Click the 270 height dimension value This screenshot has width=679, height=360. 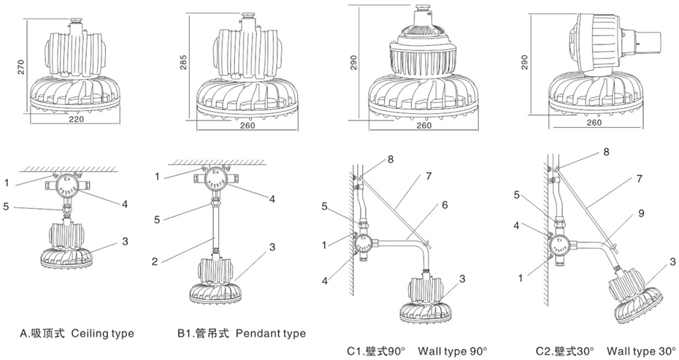pos(21,66)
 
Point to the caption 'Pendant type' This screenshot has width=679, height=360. pos(270,334)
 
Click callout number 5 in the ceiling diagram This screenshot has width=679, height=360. pos(6,207)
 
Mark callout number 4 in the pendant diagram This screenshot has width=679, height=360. pos(272,199)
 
